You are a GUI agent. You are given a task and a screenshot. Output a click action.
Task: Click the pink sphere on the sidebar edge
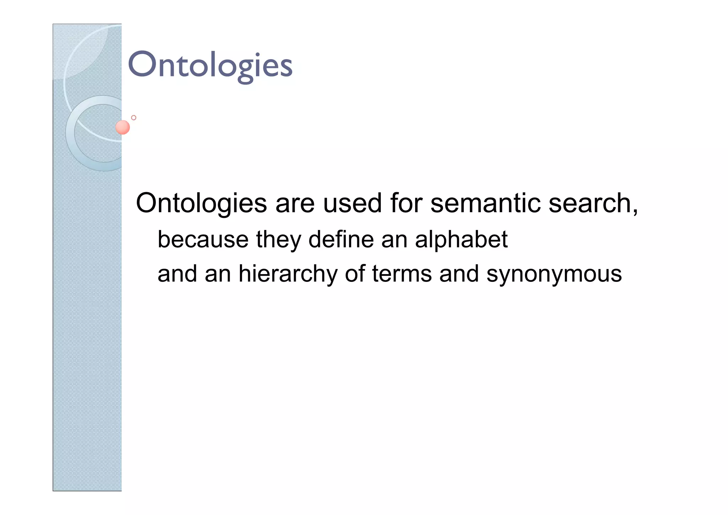coord(123,127)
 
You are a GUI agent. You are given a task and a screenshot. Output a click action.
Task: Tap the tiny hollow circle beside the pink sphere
coord(134,117)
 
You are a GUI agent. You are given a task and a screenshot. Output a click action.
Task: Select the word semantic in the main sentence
coord(485,203)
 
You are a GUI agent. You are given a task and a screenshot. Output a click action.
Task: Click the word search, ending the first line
coord(590,203)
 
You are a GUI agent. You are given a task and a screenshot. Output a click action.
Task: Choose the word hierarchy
coord(288,274)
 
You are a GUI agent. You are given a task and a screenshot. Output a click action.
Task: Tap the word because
coord(203,240)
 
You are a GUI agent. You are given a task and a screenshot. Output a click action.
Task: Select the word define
coord(341,240)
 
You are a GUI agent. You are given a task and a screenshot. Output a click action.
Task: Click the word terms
coord(402,274)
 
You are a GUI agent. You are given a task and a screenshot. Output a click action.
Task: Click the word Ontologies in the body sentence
coord(201,203)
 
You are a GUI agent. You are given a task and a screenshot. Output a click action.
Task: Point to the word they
coord(278,240)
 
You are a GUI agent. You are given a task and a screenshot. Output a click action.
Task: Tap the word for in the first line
coord(406,203)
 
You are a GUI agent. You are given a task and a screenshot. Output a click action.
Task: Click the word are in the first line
coord(295,204)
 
